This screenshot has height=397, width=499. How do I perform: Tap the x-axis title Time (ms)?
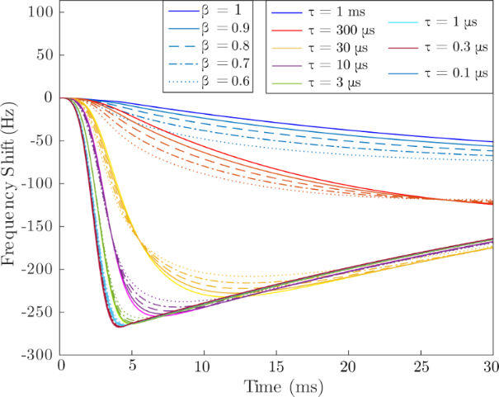click(x=276, y=387)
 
